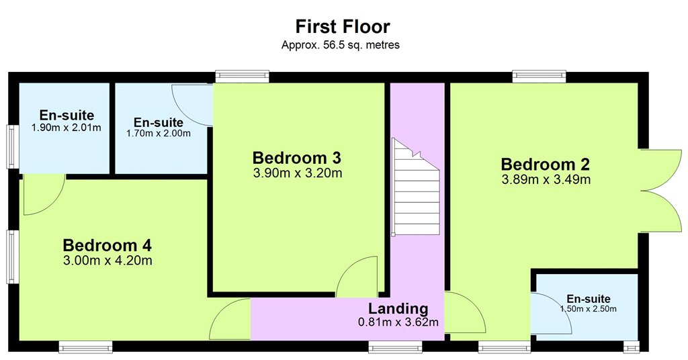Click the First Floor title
tap(342, 26)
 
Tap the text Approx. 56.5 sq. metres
tap(341, 45)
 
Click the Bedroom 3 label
tap(296, 157)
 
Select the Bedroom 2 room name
tap(546, 165)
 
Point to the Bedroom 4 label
tap(107, 245)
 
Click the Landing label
tap(398, 309)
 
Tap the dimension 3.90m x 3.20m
tap(298, 173)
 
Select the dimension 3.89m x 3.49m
tap(546, 179)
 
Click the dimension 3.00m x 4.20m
tap(107, 261)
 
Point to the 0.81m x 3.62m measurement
tap(398, 323)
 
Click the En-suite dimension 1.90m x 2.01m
tap(67, 128)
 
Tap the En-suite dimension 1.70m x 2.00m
tap(159, 133)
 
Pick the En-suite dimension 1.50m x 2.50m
tap(588, 309)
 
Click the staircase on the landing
tap(415, 187)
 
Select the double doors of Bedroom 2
tap(661, 190)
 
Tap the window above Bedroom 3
tap(242, 77)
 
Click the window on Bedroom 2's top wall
tap(540, 77)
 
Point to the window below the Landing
tap(395, 348)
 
